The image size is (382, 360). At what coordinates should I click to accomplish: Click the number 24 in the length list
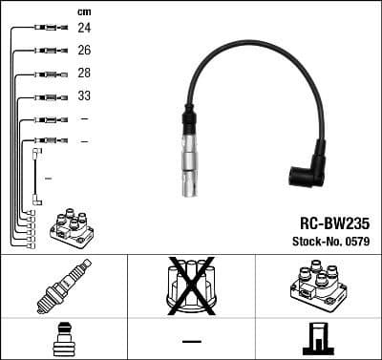[84, 29]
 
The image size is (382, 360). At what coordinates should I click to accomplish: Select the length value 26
[84, 51]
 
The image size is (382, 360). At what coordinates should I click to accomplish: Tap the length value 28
[84, 74]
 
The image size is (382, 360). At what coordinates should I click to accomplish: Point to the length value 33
[84, 96]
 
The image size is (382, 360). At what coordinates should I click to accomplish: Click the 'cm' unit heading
[84, 11]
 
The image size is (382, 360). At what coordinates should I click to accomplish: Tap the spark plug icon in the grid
[63, 286]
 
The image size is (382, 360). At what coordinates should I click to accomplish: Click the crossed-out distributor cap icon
[191, 285]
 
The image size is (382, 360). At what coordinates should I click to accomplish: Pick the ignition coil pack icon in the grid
[318, 286]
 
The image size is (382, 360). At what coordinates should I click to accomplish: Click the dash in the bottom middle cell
[191, 341]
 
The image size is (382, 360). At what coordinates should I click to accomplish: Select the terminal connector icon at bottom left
[63, 339]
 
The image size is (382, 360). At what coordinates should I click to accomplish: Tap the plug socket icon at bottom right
[318, 339]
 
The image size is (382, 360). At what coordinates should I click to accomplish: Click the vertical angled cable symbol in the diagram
[36, 177]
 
